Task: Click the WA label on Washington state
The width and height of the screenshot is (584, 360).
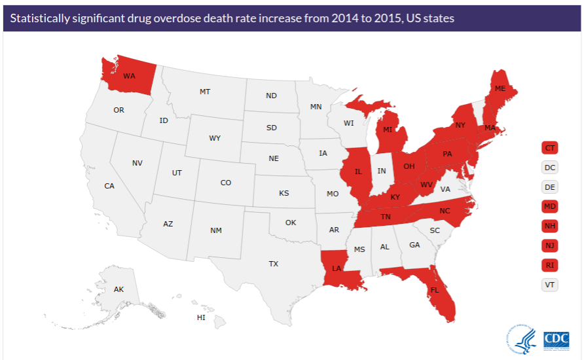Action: tap(129, 76)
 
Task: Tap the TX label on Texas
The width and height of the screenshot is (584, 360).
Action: tap(273, 264)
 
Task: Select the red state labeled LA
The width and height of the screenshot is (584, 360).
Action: tap(337, 268)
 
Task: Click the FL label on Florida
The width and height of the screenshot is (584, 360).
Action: tap(435, 290)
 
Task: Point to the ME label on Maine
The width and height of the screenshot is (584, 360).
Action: tap(500, 88)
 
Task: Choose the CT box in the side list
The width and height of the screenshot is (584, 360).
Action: tap(550, 148)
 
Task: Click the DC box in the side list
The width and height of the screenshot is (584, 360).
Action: tap(550, 168)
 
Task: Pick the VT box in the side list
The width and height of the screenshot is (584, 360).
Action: tap(550, 285)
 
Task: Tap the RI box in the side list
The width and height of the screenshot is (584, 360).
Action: tap(550, 265)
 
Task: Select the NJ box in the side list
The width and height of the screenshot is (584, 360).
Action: tap(550, 245)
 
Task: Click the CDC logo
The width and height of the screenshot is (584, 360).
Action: tap(557, 339)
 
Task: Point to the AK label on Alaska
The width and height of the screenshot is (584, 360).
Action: tap(119, 289)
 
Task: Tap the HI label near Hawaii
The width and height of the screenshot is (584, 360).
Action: tap(201, 317)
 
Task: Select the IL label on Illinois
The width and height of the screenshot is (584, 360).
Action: tap(358, 172)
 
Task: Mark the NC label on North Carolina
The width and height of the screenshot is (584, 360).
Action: tap(445, 211)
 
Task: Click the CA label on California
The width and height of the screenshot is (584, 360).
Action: tap(109, 186)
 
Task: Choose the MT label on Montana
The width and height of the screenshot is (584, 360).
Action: tap(205, 92)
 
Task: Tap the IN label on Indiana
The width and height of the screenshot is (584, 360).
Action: tap(382, 171)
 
